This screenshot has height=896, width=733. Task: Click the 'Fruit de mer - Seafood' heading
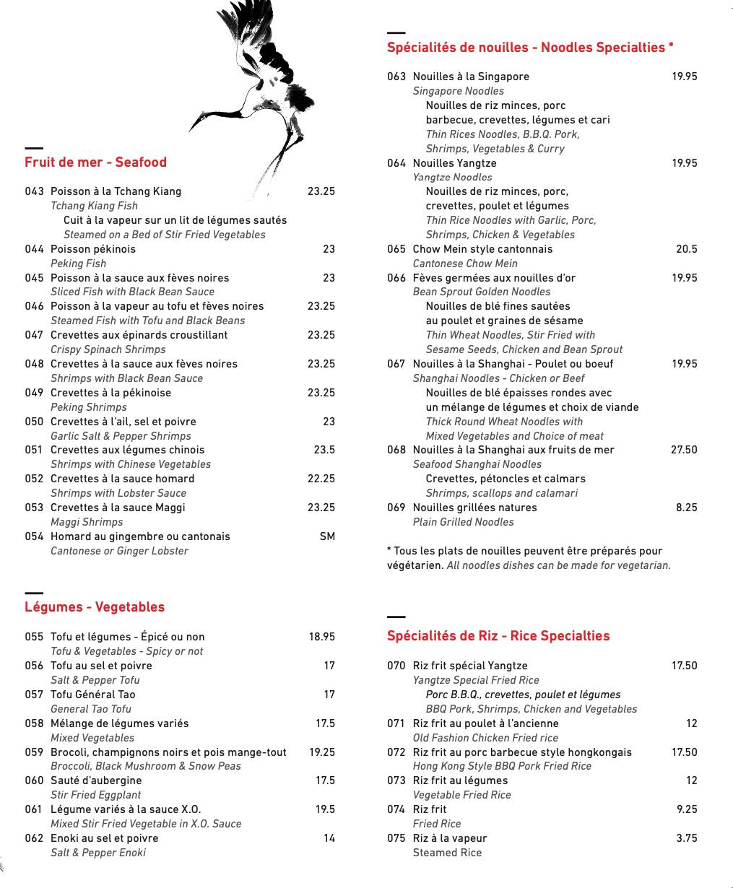[95, 162]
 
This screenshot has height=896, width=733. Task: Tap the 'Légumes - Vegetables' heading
[95, 607]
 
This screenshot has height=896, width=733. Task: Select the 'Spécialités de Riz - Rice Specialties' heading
[498, 636]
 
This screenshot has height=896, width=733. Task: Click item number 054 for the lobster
[34, 536]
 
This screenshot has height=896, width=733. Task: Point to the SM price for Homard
[327, 536]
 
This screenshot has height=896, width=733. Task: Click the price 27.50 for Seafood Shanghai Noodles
[684, 450]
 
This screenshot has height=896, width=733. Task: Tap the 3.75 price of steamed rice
[686, 838]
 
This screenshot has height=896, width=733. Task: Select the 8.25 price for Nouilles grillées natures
[686, 508]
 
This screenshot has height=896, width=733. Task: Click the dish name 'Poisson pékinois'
[93, 249]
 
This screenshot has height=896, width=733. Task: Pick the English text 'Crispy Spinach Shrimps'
[108, 349]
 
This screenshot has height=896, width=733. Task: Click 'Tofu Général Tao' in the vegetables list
[93, 695]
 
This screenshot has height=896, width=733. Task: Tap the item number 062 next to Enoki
[34, 838]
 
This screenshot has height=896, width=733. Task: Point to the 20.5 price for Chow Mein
[686, 249]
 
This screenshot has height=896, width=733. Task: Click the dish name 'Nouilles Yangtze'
[454, 163]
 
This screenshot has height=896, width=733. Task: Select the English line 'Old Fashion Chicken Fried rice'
[485, 738]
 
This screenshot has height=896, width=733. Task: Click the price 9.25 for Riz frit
[686, 809]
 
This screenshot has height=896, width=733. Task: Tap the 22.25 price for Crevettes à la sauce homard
[321, 479]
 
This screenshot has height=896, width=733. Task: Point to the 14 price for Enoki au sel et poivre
[329, 838]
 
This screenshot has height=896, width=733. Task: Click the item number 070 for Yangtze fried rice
[396, 666]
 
